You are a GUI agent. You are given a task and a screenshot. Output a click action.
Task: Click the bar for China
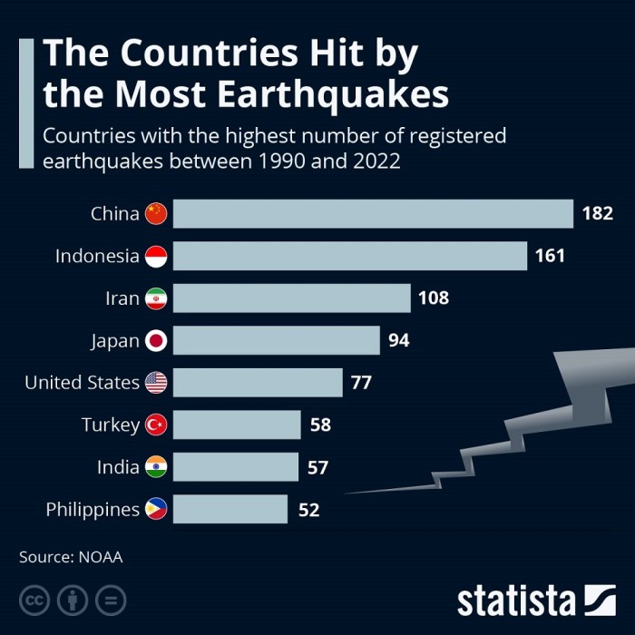(x=373, y=214)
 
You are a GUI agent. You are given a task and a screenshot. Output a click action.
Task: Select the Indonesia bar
(x=350, y=256)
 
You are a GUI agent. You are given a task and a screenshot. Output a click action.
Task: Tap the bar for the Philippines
(x=230, y=509)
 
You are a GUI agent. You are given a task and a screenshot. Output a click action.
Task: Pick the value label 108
(x=434, y=298)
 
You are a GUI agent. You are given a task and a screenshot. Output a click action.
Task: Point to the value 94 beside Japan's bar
(x=399, y=340)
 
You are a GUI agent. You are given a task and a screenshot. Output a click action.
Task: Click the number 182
(x=598, y=214)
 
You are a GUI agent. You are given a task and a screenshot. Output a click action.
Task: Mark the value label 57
(x=317, y=467)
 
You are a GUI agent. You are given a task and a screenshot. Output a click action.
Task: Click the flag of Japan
(x=157, y=341)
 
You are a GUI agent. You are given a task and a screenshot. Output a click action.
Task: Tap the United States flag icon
(x=157, y=383)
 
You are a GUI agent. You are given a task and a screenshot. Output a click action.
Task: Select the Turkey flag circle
(x=157, y=425)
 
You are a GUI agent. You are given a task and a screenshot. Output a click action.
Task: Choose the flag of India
(x=157, y=467)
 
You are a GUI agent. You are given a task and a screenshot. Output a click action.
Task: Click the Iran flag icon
(x=157, y=298)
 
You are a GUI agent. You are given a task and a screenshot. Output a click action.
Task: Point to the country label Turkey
(x=110, y=425)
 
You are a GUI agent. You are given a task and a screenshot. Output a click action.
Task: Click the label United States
(x=82, y=383)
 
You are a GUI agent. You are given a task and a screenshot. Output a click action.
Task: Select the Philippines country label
(x=93, y=510)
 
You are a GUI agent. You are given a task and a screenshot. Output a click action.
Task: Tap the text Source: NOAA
(x=71, y=557)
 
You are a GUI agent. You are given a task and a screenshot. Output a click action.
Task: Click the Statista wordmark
(x=516, y=601)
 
